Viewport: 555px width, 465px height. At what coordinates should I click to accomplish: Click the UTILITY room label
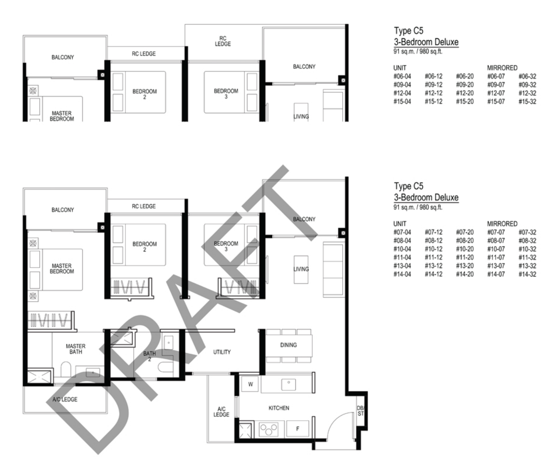tap(222, 352)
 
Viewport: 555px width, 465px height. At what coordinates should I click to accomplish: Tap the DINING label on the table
tap(288, 345)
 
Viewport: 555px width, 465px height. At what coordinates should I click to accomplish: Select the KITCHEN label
tap(279, 408)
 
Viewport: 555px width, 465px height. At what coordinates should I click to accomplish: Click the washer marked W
tap(250, 384)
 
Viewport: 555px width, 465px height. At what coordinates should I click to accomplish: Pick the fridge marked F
tap(298, 428)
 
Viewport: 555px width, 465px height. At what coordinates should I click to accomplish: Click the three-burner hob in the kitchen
tap(268, 429)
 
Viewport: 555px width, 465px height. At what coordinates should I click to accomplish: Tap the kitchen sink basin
tap(288, 384)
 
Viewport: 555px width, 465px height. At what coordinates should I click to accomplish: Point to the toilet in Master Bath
tap(66, 369)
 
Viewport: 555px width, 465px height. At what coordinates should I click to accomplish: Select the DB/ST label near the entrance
tap(361, 411)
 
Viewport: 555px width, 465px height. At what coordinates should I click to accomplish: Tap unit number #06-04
tap(402, 76)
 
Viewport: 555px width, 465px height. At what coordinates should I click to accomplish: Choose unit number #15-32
tap(528, 101)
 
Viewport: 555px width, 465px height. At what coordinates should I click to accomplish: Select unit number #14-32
tap(528, 274)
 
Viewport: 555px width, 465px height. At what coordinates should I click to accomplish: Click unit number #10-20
tap(465, 249)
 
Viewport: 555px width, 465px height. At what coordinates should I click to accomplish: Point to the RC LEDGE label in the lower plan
tap(144, 206)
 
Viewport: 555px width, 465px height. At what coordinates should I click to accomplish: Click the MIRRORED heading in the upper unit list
tap(502, 68)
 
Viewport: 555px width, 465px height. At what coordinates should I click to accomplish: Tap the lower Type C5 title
tap(408, 186)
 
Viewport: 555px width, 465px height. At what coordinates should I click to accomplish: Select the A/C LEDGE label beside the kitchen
tap(221, 411)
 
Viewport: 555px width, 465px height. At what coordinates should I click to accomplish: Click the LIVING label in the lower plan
tap(301, 269)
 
